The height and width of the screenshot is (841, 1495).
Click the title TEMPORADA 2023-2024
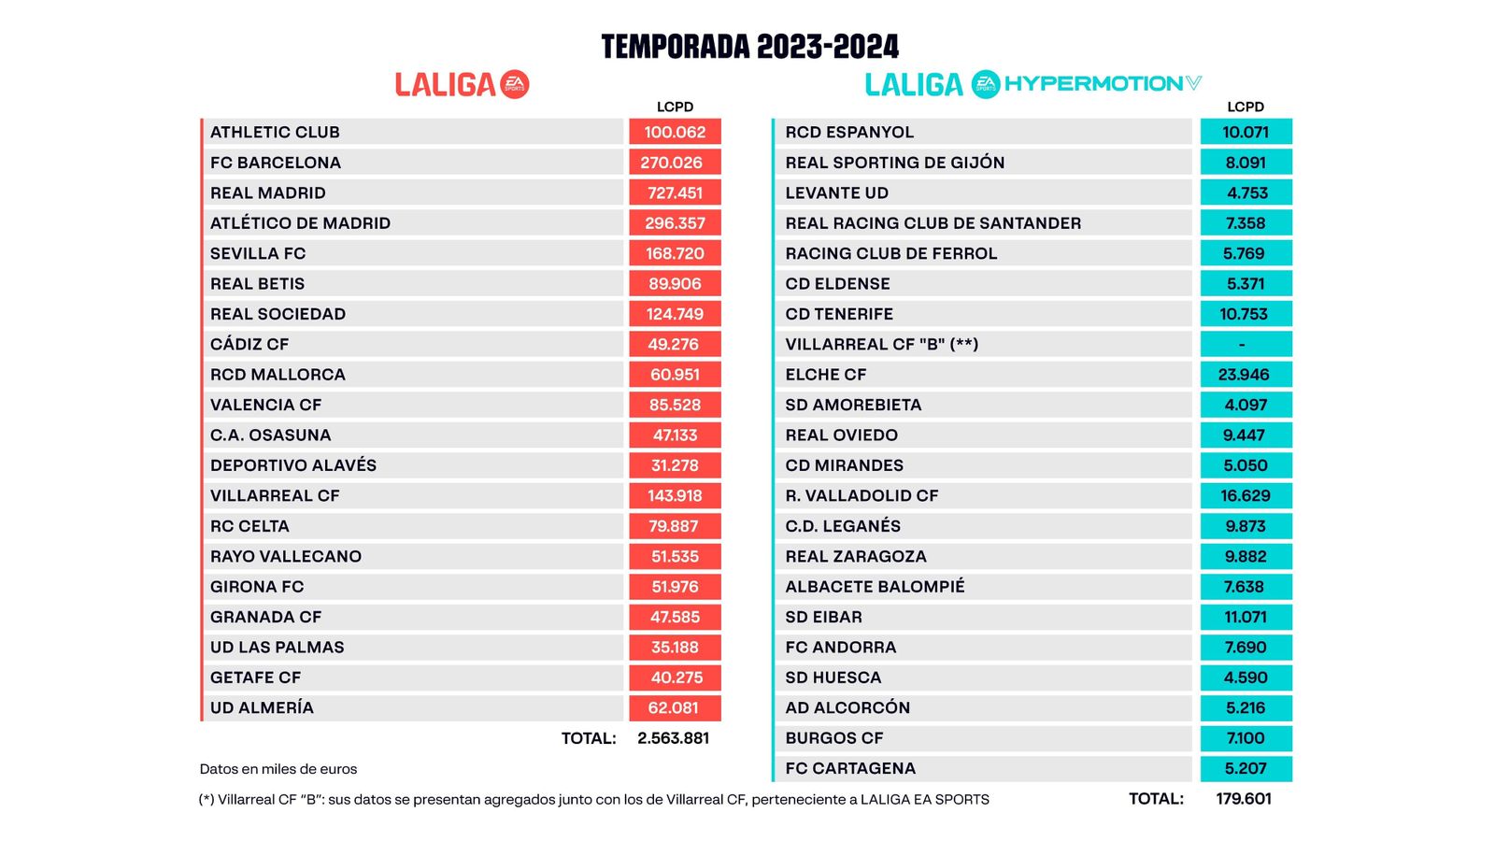tap(749, 47)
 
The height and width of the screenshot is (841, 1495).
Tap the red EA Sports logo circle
tap(515, 84)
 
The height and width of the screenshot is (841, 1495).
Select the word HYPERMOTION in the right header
tap(1094, 84)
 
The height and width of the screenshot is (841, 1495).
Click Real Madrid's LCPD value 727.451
tap(675, 192)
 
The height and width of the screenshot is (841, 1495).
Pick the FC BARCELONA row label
tap(276, 163)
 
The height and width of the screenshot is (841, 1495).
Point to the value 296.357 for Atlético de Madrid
tap(675, 223)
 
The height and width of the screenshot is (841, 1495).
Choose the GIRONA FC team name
tap(257, 587)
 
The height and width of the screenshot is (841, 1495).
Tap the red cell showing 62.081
tap(675, 707)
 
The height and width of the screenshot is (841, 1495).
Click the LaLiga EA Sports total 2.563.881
tap(673, 738)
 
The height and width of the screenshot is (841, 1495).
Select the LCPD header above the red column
tap(675, 107)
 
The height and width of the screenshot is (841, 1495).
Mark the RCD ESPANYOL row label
tap(849, 132)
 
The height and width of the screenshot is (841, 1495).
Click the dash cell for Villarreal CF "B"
tap(1245, 344)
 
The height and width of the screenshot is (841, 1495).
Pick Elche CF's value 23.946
tap(1245, 375)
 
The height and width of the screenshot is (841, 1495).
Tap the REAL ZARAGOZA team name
tap(856, 556)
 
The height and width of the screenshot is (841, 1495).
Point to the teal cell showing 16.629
tap(1245, 495)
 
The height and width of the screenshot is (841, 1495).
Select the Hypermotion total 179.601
tap(1244, 799)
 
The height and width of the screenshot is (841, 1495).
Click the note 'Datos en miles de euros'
tap(278, 769)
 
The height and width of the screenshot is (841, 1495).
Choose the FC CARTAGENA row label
tap(850, 768)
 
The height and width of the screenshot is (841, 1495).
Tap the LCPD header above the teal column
tap(1246, 107)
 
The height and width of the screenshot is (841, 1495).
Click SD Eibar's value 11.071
tap(1245, 617)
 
